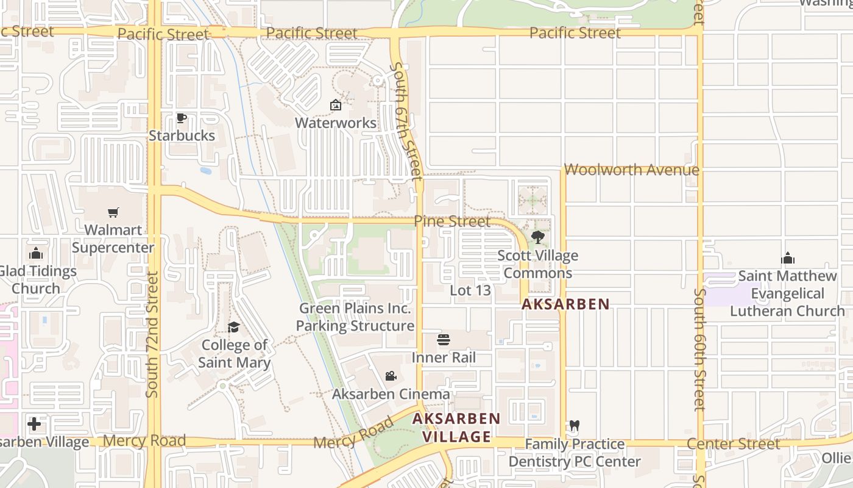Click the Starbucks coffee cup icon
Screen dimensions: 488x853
point(181,118)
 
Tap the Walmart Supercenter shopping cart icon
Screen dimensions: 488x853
point(113,212)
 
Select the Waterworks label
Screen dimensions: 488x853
point(336,123)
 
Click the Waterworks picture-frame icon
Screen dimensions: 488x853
point(335,106)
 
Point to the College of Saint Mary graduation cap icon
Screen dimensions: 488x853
point(233,328)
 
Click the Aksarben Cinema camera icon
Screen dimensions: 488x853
point(391,376)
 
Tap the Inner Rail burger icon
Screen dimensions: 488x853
point(444,340)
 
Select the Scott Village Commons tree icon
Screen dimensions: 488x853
point(537,237)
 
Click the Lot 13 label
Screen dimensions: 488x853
point(470,290)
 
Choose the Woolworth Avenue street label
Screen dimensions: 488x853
point(632,170)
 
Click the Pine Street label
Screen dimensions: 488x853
point(452,221)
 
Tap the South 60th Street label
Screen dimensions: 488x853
point(699,349)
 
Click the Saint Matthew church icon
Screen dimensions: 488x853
point(788,258)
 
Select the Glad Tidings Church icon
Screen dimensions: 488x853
point(36,253)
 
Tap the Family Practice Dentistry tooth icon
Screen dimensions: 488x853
point(574,426)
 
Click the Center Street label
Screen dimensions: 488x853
point(734,443)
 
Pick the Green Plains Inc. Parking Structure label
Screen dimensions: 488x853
point(355,317)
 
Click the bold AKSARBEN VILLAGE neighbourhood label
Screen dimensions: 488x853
point(456,428)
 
